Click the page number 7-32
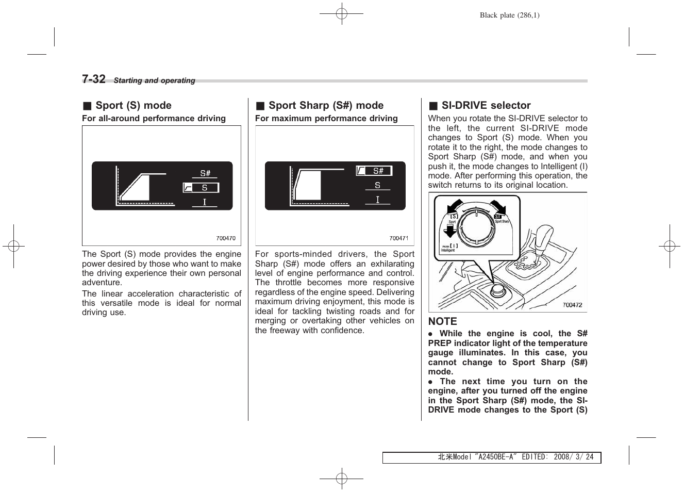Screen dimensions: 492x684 click(x=94, y=79)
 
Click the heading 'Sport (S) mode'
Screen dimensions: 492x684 click(x=133, y=105)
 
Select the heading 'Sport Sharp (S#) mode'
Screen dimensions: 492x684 click(x=326, y=105)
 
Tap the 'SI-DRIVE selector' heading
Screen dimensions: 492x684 click(x=486, y=105)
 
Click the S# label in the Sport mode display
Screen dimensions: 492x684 click(x=205, y=173)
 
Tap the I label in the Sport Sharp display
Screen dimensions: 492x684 click(x=377, y=200)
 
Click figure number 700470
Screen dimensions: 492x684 click(x=226, y=238)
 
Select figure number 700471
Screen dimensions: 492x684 click(x=398, y=238)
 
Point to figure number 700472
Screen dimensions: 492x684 click(x=572, y=305)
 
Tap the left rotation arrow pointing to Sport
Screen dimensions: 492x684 click(x=454, y=206)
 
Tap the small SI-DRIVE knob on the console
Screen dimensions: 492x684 click(x=497, y=290)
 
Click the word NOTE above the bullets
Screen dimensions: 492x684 click(x=442, y=321)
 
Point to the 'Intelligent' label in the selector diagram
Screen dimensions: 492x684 click(x=448, y=250)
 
